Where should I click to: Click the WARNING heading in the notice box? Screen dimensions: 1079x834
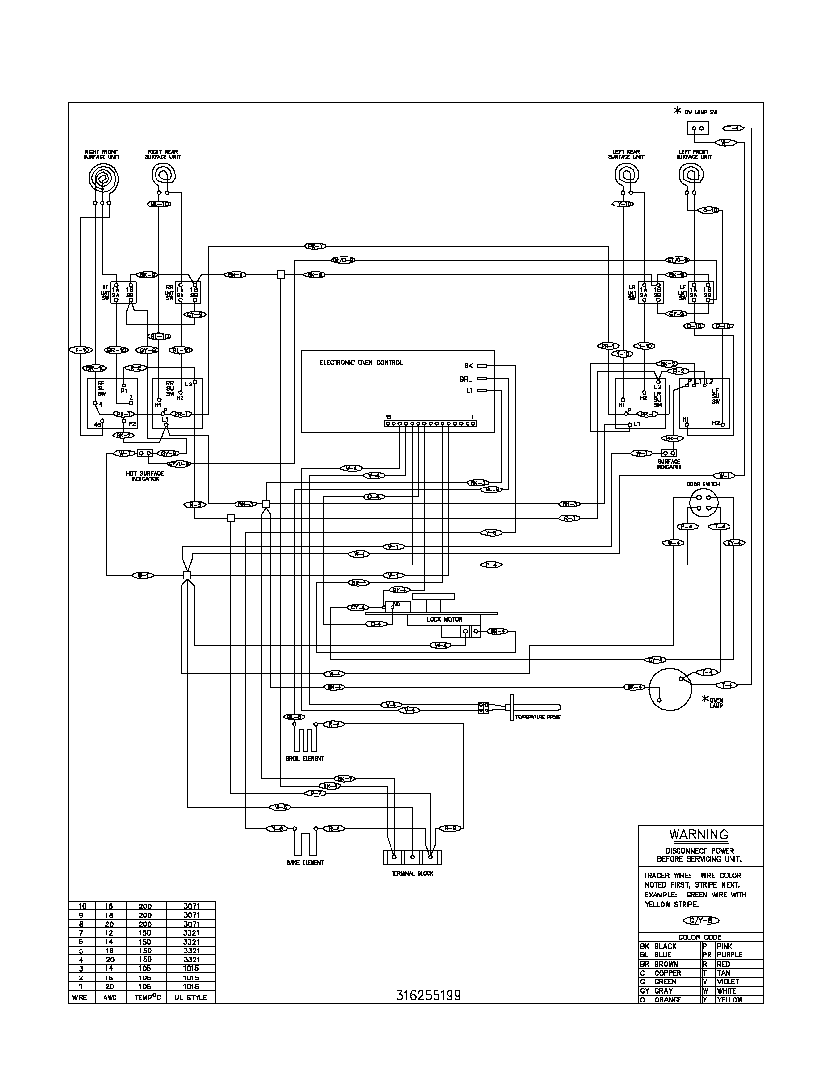point(698,834)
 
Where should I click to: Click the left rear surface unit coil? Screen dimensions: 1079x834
point(626,176)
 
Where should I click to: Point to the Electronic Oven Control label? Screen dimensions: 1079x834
point(361,363)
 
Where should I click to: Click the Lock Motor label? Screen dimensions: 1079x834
point(444,619)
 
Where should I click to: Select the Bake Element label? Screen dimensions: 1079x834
point(305,863)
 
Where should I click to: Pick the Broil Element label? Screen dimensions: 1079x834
point(305,758)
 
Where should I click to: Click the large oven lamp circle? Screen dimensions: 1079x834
point(670,690)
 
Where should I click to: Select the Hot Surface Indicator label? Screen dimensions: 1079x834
point(145,476)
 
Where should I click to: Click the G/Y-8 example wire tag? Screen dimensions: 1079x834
point(701,920)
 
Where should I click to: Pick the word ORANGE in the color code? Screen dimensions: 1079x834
point(668,1000)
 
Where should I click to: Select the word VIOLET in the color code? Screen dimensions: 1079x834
point(728,982)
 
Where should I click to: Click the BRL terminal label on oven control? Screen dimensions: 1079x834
point(466,379)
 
